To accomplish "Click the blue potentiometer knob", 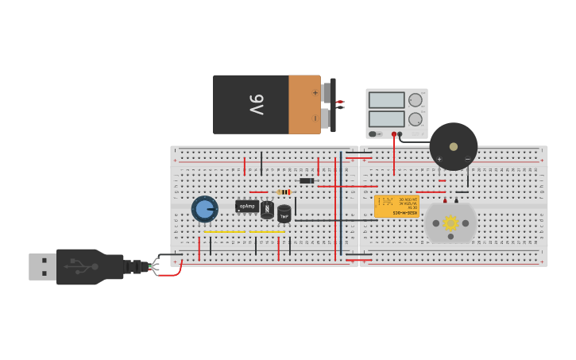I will pos(204,209).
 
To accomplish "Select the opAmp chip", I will pos(247,206).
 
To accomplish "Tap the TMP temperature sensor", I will pos(284,213).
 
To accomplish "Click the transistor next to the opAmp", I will pos(267,210).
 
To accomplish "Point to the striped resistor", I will pos(283,192).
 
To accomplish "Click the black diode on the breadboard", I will pos(307,180).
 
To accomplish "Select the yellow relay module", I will pos(396,206).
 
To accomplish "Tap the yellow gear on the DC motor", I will pos(450,223).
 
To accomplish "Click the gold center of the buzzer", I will pos(454,146).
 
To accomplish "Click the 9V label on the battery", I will pos(256,105).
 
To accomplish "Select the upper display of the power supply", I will pos(386,100).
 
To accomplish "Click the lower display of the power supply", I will pos(386,118).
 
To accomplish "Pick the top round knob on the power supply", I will pos(416,100).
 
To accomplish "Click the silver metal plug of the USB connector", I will pos(42,266).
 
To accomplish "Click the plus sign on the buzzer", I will pos(439,159).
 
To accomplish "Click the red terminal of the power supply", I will pos(395,134).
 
